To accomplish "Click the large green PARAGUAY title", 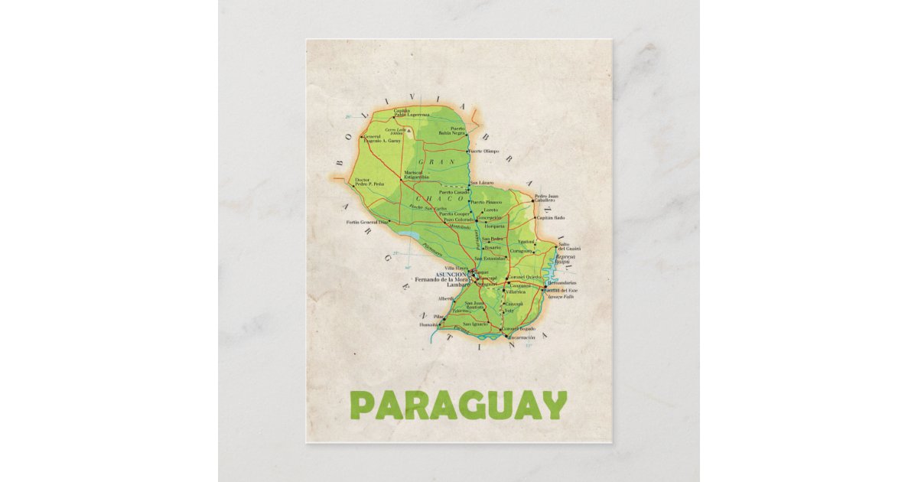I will coord(458,405).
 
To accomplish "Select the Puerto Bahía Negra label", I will coord(452,131).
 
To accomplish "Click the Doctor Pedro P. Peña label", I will coord(368,183).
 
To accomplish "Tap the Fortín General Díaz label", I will coord(373,222).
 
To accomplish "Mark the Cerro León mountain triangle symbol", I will coord(409,131).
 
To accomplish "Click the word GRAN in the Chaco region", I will coord(437,162).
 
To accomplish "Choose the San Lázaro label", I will coord(482,184).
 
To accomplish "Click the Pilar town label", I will coord(438,316).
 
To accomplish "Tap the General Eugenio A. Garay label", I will coord(382,139).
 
